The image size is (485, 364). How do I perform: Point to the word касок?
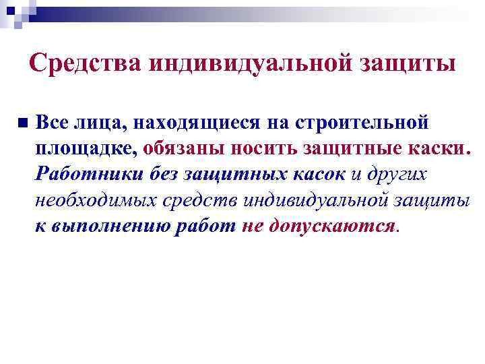319,174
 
